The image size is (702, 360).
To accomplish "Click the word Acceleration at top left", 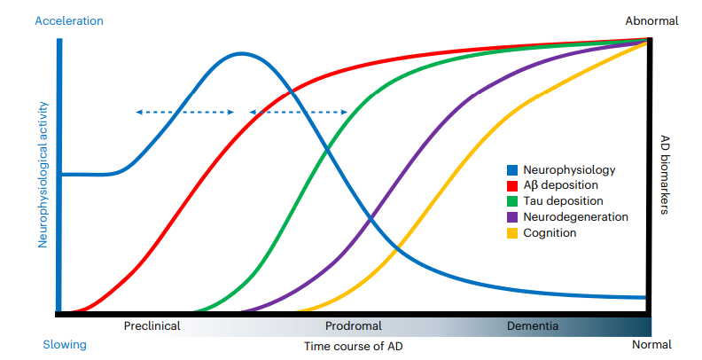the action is point(69,21).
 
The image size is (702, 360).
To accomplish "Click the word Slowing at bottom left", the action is point(65,345).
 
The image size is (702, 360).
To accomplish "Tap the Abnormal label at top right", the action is point(651,21).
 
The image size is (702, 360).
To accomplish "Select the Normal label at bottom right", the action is point(651,344).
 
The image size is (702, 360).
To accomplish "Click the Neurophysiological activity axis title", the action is point(43,175).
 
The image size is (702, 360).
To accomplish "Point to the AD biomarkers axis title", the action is point(665,175).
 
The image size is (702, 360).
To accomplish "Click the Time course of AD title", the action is point(354,346).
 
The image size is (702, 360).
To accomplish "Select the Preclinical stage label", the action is point(152,325).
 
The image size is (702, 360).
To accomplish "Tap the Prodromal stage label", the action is point(354,325).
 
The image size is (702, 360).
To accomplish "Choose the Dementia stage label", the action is point(533,325).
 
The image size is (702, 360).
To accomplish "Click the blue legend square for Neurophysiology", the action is point(512,170).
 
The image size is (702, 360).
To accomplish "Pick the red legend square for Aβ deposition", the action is point(512,186).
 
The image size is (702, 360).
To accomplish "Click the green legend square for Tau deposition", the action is point(512,201).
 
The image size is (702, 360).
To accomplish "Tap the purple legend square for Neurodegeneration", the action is point(512,217).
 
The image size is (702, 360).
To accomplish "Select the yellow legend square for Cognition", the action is point(512,233).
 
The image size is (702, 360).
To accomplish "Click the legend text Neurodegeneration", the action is point(576,217).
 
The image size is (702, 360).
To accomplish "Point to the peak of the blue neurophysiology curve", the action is point(241,54).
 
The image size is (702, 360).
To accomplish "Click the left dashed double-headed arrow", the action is point(185,112).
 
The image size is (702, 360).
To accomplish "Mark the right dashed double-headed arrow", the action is point(298,112).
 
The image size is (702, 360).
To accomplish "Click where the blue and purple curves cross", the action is point(370,218).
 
